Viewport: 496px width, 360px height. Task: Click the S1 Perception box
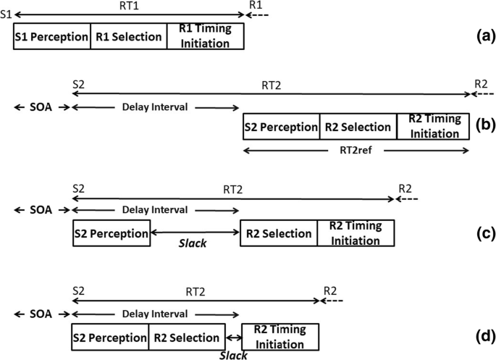pyautogui.click(x=51, y=37)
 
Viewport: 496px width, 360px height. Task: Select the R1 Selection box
pyautogui.click(x=128, y=37)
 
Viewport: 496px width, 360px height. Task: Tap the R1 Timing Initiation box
pyautogui.click(x=205, y=37)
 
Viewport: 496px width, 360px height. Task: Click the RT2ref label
pyautogui.click(x=357, y=151)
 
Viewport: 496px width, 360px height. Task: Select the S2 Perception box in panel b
pyautogui.click(x=281, y=127)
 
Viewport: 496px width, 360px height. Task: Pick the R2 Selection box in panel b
pyautogui.click(x=358, y=127)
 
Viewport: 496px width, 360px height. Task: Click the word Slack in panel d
pyautogui.click(x=233, y=355)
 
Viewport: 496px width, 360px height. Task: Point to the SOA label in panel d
pyautogui.click(x=41, y=315)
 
